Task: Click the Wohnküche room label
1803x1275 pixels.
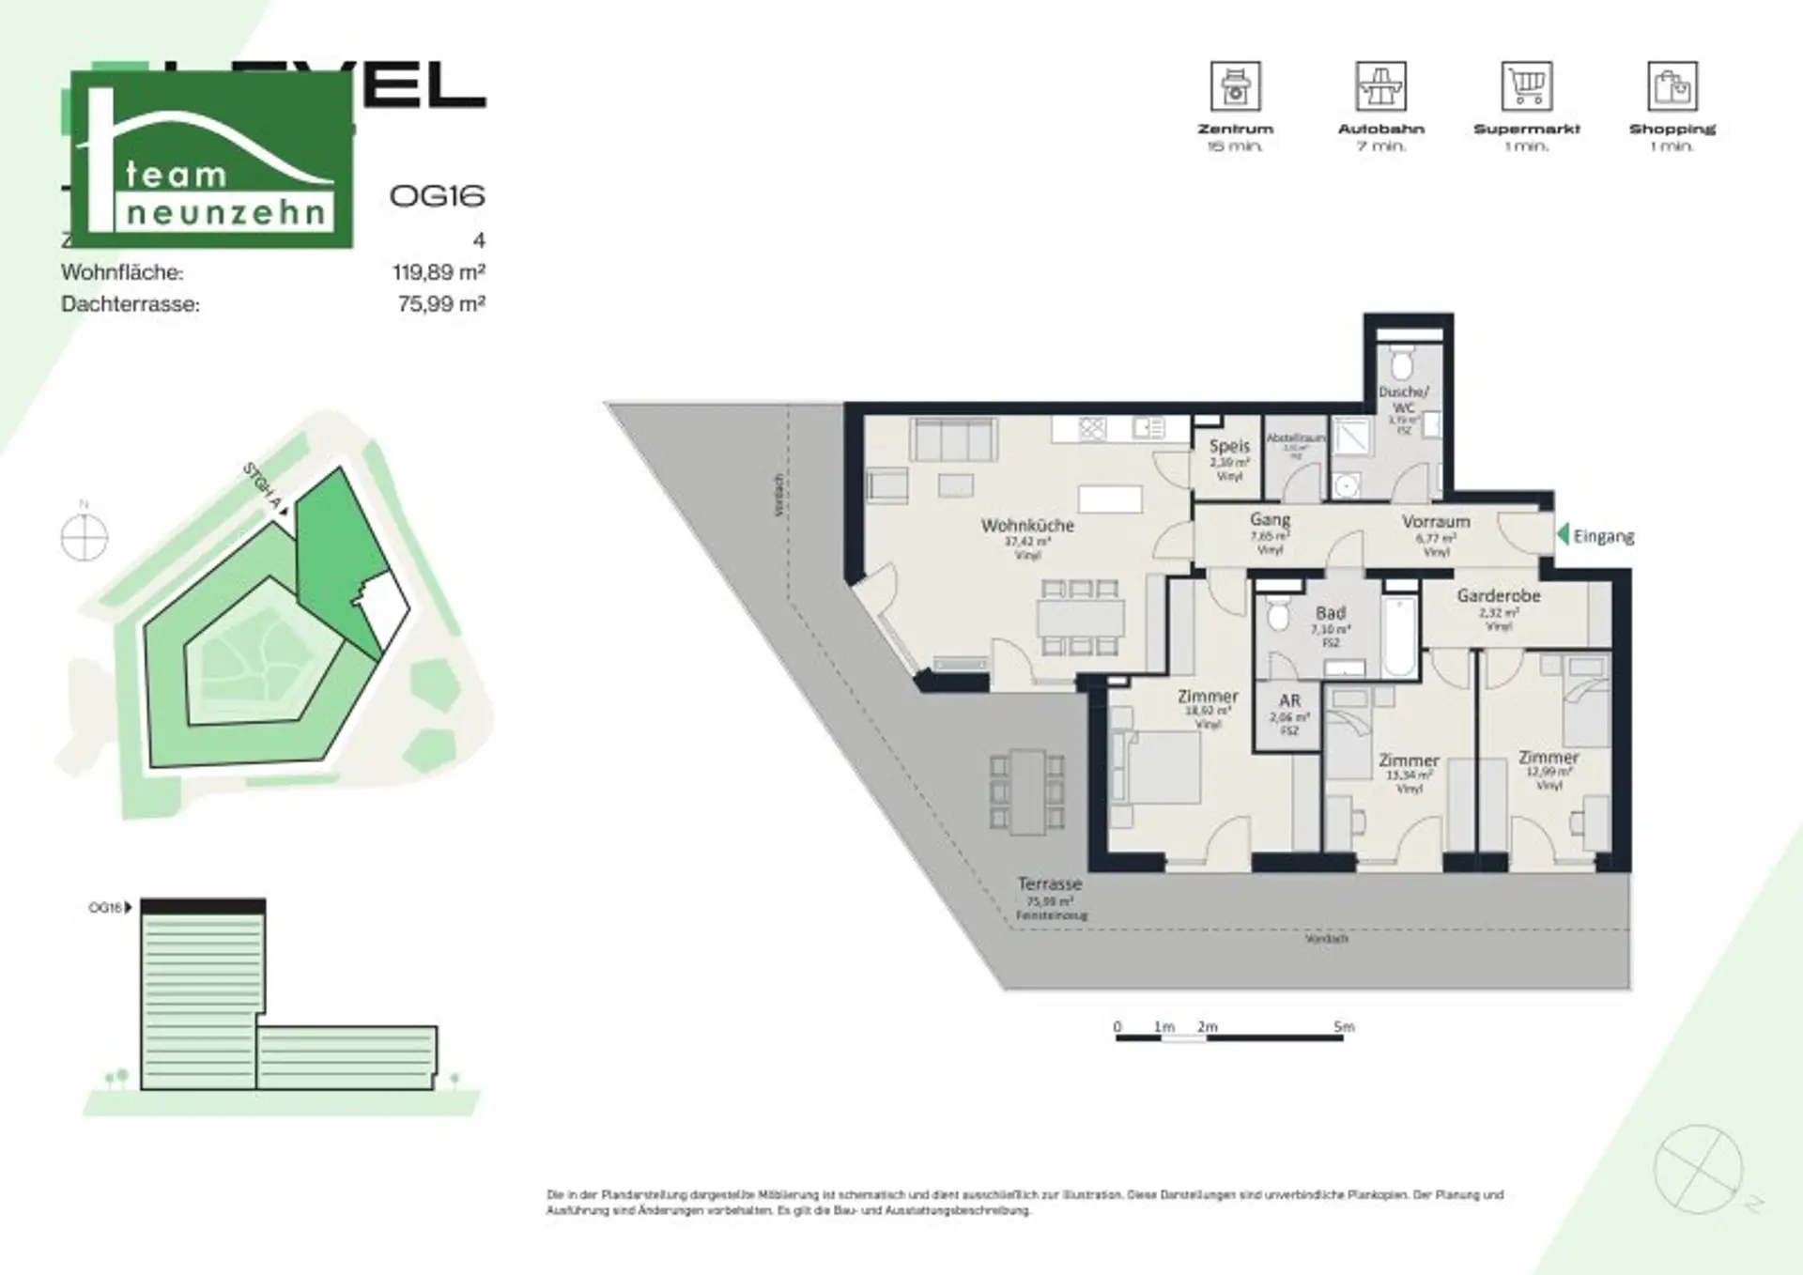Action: (1027, 526)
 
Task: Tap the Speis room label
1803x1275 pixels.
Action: (1229, 447)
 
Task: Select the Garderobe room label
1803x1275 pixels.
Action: (1499, 595)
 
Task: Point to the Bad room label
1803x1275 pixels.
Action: (1331, 613)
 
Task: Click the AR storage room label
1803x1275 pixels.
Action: (1289, 700)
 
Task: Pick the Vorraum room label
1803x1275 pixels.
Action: (1436, 521)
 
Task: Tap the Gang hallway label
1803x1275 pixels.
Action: (1270, 519)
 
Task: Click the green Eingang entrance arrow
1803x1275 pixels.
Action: (1563, 535)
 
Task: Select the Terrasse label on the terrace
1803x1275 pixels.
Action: (1050, 884)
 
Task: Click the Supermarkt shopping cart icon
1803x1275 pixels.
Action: (1526, 86)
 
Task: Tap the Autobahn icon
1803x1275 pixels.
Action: (1380, 86)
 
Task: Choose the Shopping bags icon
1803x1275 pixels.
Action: (1672, 86)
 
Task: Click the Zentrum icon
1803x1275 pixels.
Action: (1235, 86)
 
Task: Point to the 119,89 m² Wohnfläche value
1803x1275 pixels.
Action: (439, 272)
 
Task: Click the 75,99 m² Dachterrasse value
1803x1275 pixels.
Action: (441, 304)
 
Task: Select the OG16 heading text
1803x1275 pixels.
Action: (437, 195)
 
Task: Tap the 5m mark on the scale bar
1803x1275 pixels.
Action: (1344, 1027)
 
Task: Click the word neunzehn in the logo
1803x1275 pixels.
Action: (225, 213)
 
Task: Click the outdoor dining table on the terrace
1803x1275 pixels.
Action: (1027, 791)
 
